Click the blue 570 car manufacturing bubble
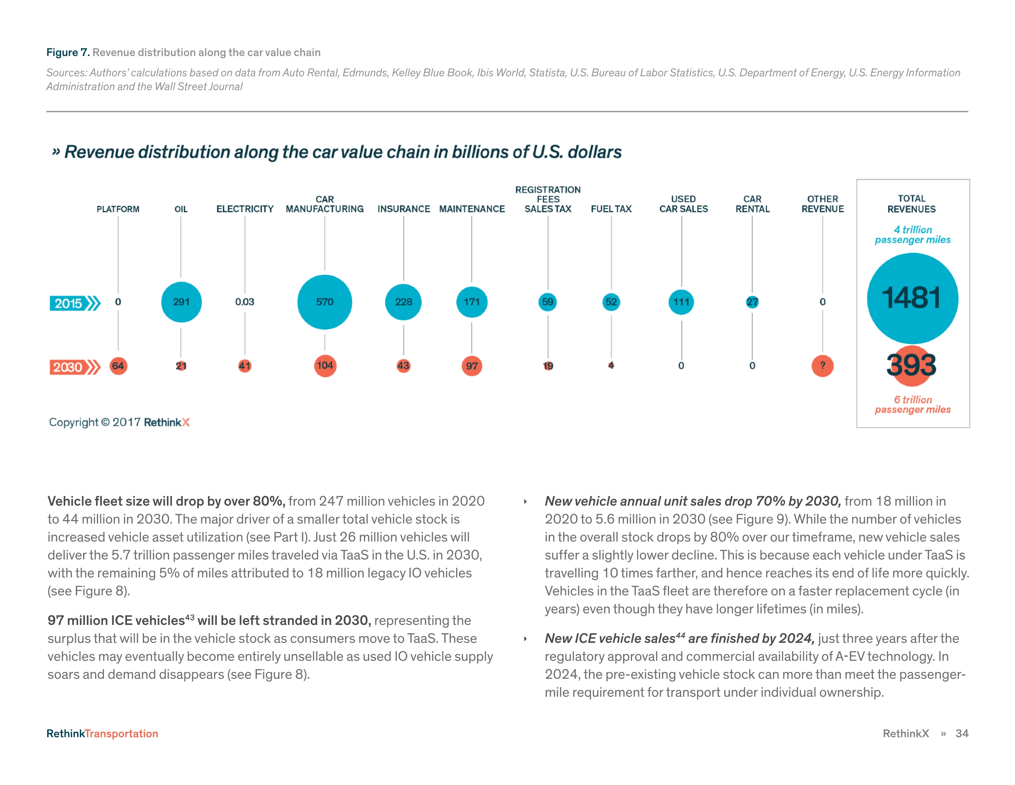pyautogui.click(x=324, y=302)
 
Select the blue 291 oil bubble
pyautogui.click(x=181, y=302)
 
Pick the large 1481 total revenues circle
pyautogui.click(x=912, y=298)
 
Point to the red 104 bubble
pyautogui.click(x=325, y=365)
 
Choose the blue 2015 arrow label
pyautogui.click(x=74, y=303)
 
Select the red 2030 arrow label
pyautogui.click(x=74, y=367)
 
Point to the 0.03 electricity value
pyautogui.click(x=245, y=302)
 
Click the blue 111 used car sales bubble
pyautogui.click(x=681, y=302)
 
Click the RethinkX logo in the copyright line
pyautogui.click(x=167, y=422)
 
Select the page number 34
pyautogui.click(x=961, y=733)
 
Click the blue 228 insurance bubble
pyautogui.click(x=404, y=302)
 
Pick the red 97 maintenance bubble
pyautogui.click(x=472, y=366)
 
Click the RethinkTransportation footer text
pyautogui.click(x=102, y=733)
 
